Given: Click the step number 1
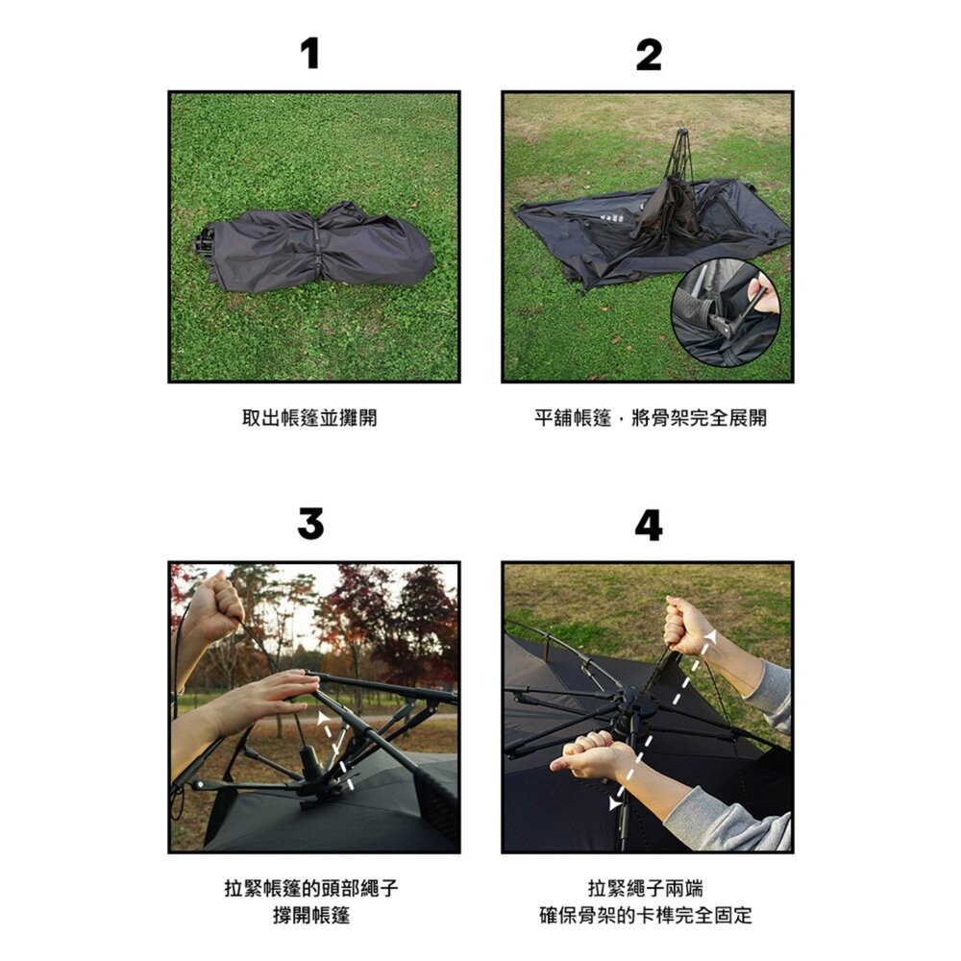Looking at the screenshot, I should coord(309,55).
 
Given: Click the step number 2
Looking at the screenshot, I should coord(649,55).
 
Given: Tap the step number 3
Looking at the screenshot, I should coord(310,525).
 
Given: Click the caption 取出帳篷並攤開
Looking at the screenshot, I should coord(309,418).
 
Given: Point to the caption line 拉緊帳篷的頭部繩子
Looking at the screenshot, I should coord(310,888).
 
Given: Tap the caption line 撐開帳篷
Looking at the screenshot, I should coord(310,916).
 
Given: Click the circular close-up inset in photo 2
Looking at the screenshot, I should coord(725,312).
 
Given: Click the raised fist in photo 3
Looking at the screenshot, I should coord(217,603).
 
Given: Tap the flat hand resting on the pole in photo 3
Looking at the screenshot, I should coord(279,690).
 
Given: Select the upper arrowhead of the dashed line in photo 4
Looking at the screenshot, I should coord(709,635).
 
